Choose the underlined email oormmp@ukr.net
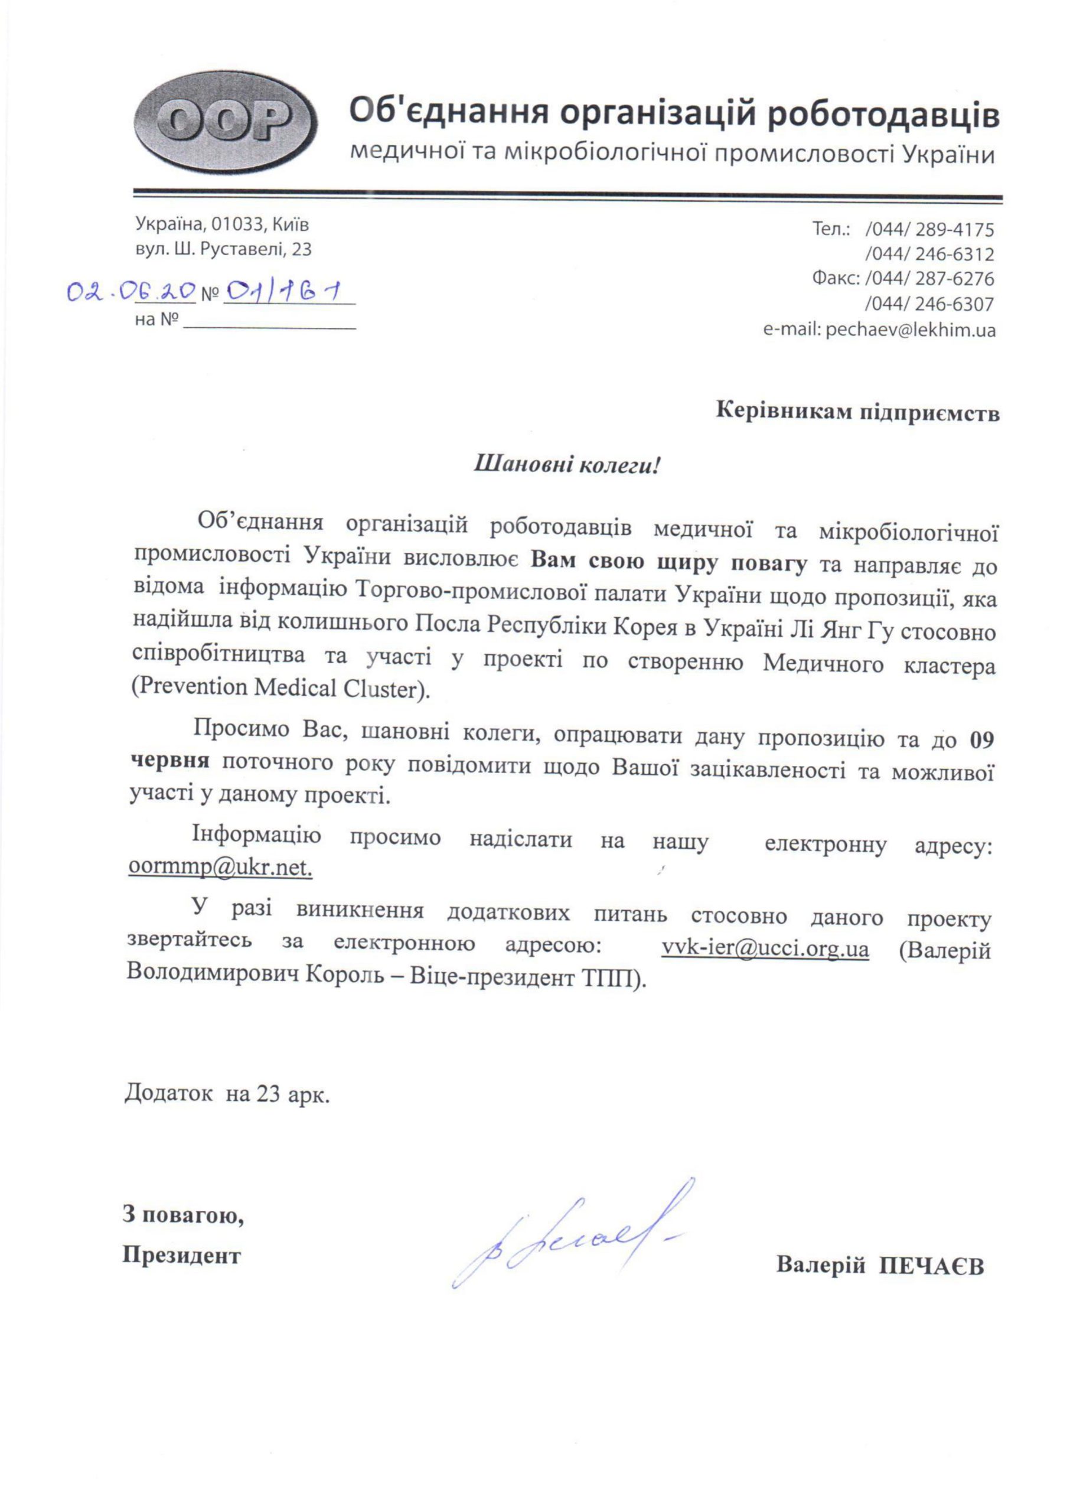[220, 868]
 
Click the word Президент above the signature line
[181, 1254]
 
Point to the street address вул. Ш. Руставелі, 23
[223, 250]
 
